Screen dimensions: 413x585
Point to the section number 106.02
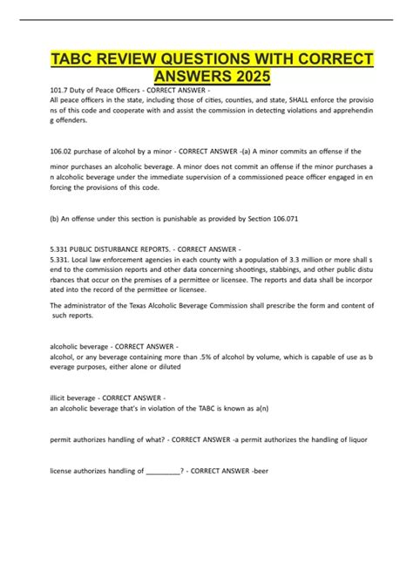point(63,153)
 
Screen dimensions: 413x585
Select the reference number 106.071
point(281,219)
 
